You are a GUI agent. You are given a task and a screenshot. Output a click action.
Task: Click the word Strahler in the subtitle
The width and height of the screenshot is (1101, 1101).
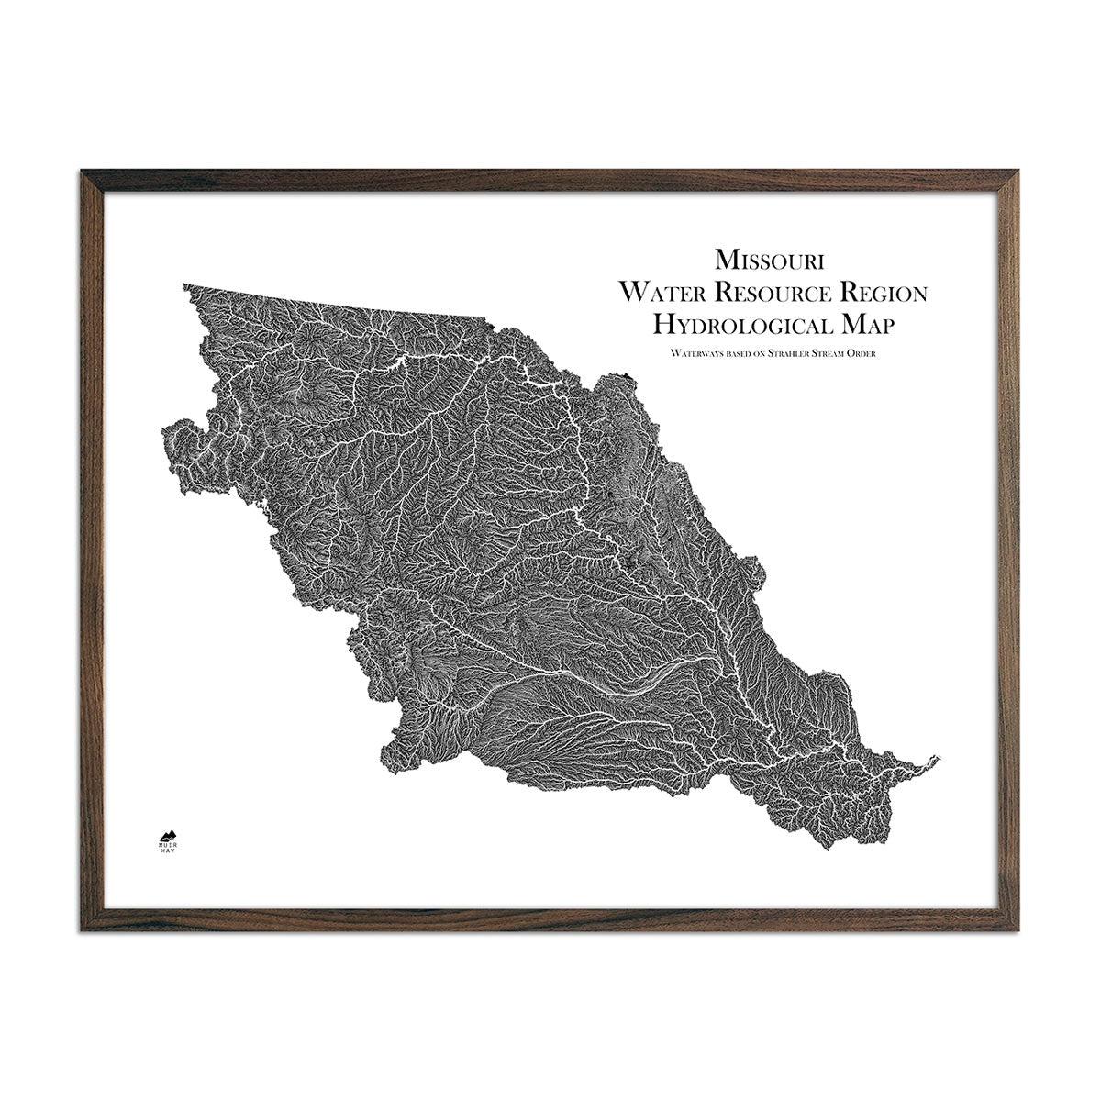click(x=784, y=353)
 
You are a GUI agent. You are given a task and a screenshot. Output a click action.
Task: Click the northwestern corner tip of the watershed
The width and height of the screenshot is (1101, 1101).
click(x=185, y=286)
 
